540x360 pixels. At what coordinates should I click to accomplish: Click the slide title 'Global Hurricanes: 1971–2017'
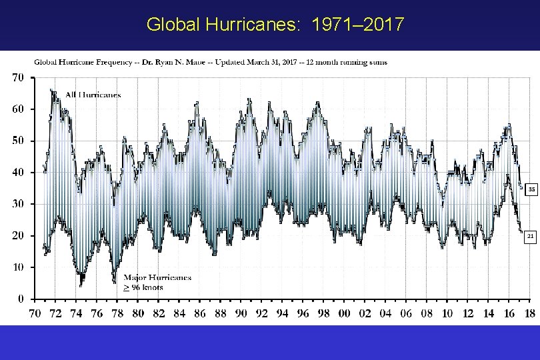tap(275, 25)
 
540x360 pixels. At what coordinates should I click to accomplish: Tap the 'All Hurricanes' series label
tap(93, 95)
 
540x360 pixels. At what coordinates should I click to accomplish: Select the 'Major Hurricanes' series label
tap(157, 277)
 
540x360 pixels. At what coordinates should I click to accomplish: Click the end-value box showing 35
tap(531, 189)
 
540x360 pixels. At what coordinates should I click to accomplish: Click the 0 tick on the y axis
tap(21, 299)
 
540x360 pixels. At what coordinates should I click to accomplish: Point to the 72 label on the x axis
tap(56, 313)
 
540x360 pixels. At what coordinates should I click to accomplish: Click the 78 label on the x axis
tap(117, 313)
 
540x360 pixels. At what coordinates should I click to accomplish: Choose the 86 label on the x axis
tap(200, 313)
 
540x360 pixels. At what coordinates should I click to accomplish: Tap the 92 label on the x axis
tap(262, 313)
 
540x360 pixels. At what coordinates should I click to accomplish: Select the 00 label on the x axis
tap(345, 313)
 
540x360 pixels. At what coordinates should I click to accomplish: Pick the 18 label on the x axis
tap(529, 313)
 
